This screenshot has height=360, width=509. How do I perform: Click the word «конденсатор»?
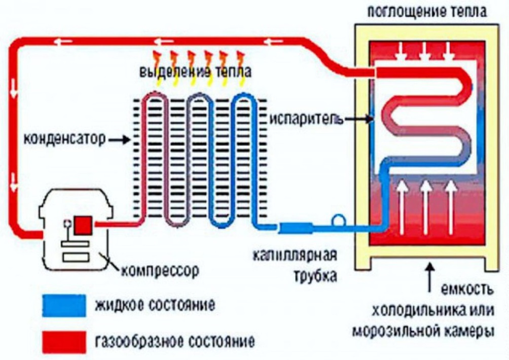(64, 139)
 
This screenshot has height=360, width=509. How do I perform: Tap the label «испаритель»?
(306, 119)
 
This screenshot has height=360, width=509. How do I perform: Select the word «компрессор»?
(160, 270)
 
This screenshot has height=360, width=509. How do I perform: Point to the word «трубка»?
(315, 276)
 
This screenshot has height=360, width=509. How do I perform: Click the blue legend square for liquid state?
(64, 305)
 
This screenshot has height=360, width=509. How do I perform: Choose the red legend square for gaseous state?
(64, 342)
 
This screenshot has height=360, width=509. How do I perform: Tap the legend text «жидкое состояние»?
(155, 305)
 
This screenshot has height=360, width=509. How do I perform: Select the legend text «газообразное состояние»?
(175, 342)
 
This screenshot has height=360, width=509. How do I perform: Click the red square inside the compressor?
(83, 225)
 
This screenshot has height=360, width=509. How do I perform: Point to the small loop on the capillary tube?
(338, 220)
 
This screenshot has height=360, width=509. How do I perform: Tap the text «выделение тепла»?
(195, 71)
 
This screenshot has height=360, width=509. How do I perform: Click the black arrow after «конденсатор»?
(119, 140)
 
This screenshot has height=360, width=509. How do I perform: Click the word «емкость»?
(467, 289)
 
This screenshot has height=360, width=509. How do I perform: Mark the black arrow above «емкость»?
(430, 277)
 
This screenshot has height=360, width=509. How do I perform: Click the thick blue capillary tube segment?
(296, 227)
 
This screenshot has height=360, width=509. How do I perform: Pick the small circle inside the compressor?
(67, 223)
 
